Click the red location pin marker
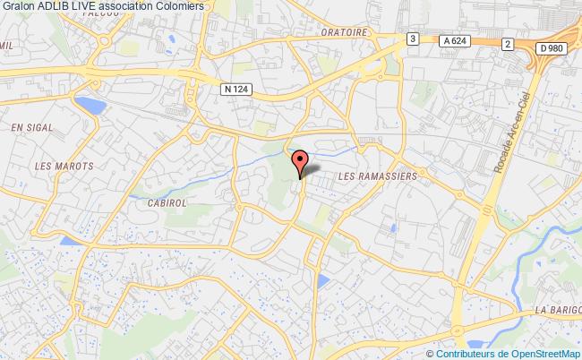click(301, 162)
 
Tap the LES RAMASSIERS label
click(379, 177)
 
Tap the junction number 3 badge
click(412, 38)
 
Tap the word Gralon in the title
click(17, 6)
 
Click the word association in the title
click(128, 6)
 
